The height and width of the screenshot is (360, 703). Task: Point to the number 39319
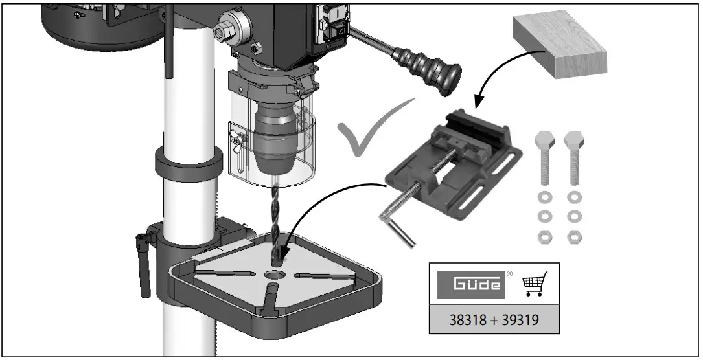click(522, 319)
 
